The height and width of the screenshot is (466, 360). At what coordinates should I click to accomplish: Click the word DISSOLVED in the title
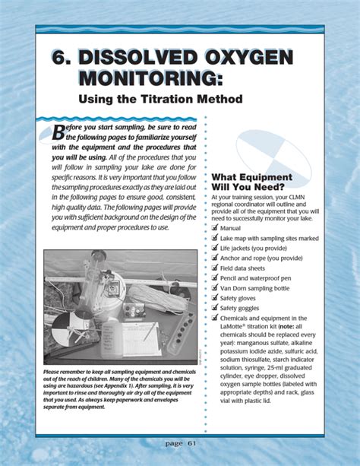[135, 59]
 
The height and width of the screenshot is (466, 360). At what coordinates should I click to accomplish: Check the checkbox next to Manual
[214, 227]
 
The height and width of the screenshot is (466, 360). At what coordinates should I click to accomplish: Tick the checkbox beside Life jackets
[214, 248]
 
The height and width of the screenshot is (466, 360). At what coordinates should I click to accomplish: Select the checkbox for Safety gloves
[214, 298]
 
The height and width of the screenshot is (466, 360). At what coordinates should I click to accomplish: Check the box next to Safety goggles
[214, 308]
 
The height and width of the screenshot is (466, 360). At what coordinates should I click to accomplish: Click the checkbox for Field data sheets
[214, 268]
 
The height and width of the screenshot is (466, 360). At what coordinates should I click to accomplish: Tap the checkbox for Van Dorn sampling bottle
[214, 288]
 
